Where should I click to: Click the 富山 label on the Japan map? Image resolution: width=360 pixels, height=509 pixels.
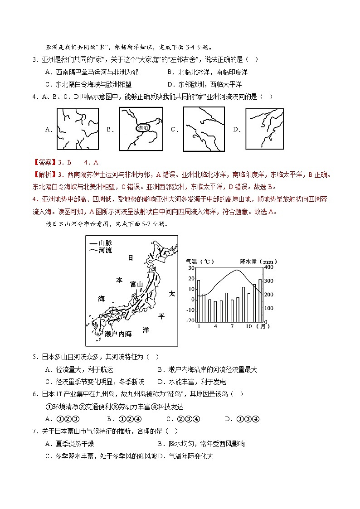coord(136,284)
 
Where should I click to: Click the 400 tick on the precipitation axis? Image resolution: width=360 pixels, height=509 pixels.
coord(269,267)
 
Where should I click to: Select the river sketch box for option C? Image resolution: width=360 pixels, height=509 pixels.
coord(204,129)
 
